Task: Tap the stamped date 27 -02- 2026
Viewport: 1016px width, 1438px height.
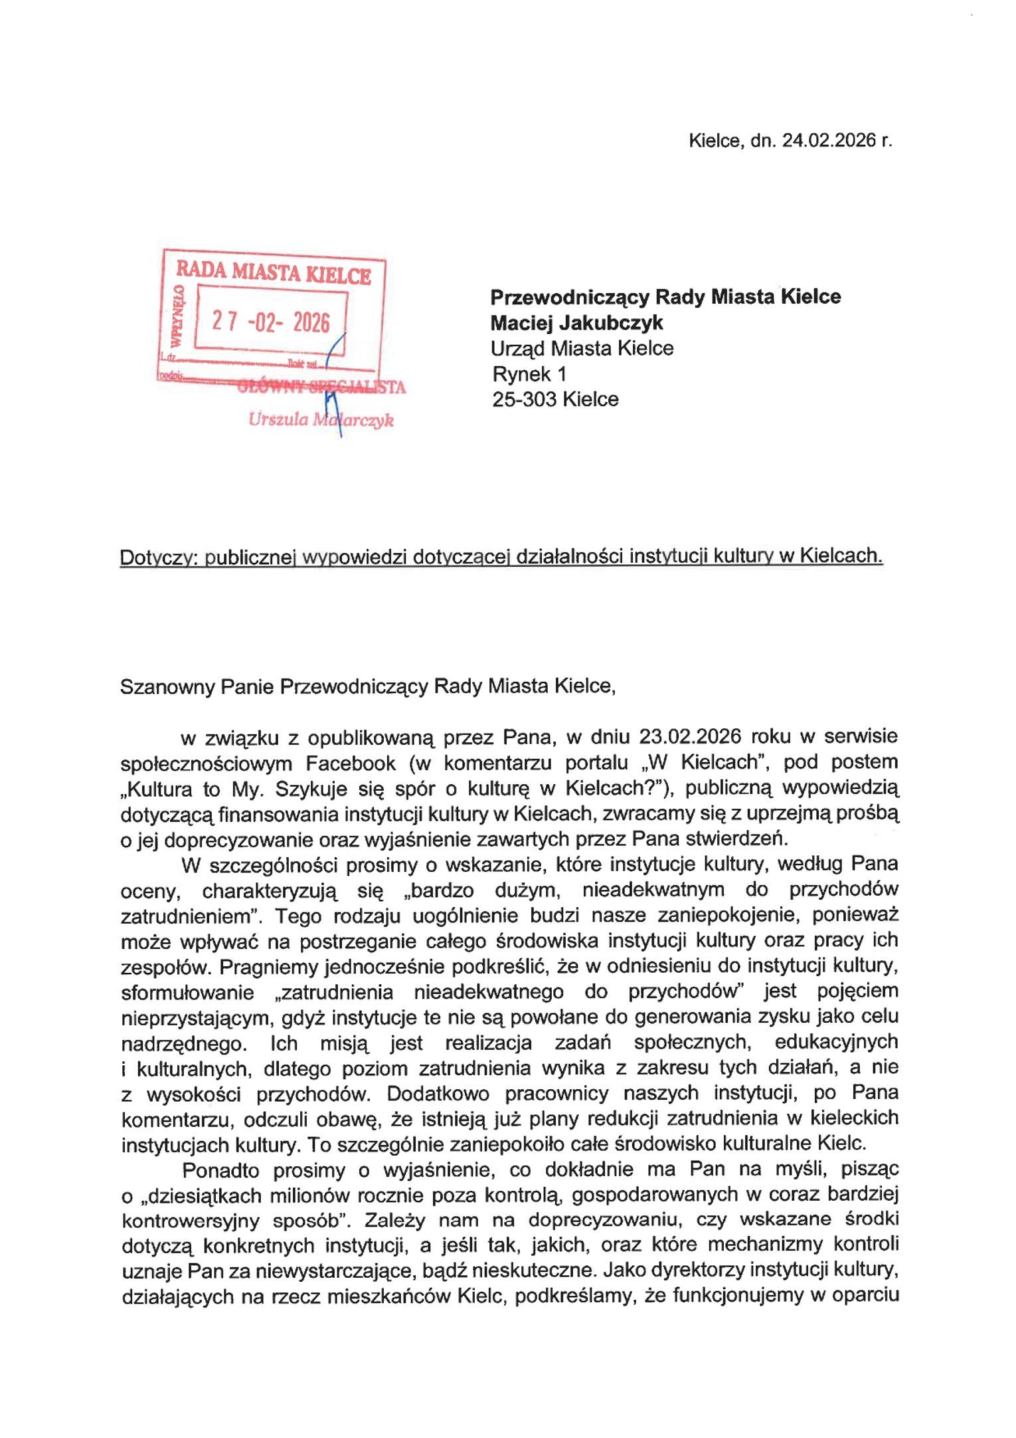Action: point(270,322)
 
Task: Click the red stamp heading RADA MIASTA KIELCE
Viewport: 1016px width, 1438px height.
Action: point(273,273)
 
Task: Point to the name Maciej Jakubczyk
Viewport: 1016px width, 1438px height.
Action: point(576,323)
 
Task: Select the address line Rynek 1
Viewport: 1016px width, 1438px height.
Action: point(529,374)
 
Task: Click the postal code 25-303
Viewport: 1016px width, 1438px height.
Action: point(525,399)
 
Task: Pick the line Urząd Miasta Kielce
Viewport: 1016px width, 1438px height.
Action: point(582,348)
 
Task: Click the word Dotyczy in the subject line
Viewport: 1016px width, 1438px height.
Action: point(157,557)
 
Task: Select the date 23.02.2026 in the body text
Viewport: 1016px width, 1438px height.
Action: point(690,736)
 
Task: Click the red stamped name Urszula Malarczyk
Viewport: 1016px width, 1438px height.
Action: point(321,420)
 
